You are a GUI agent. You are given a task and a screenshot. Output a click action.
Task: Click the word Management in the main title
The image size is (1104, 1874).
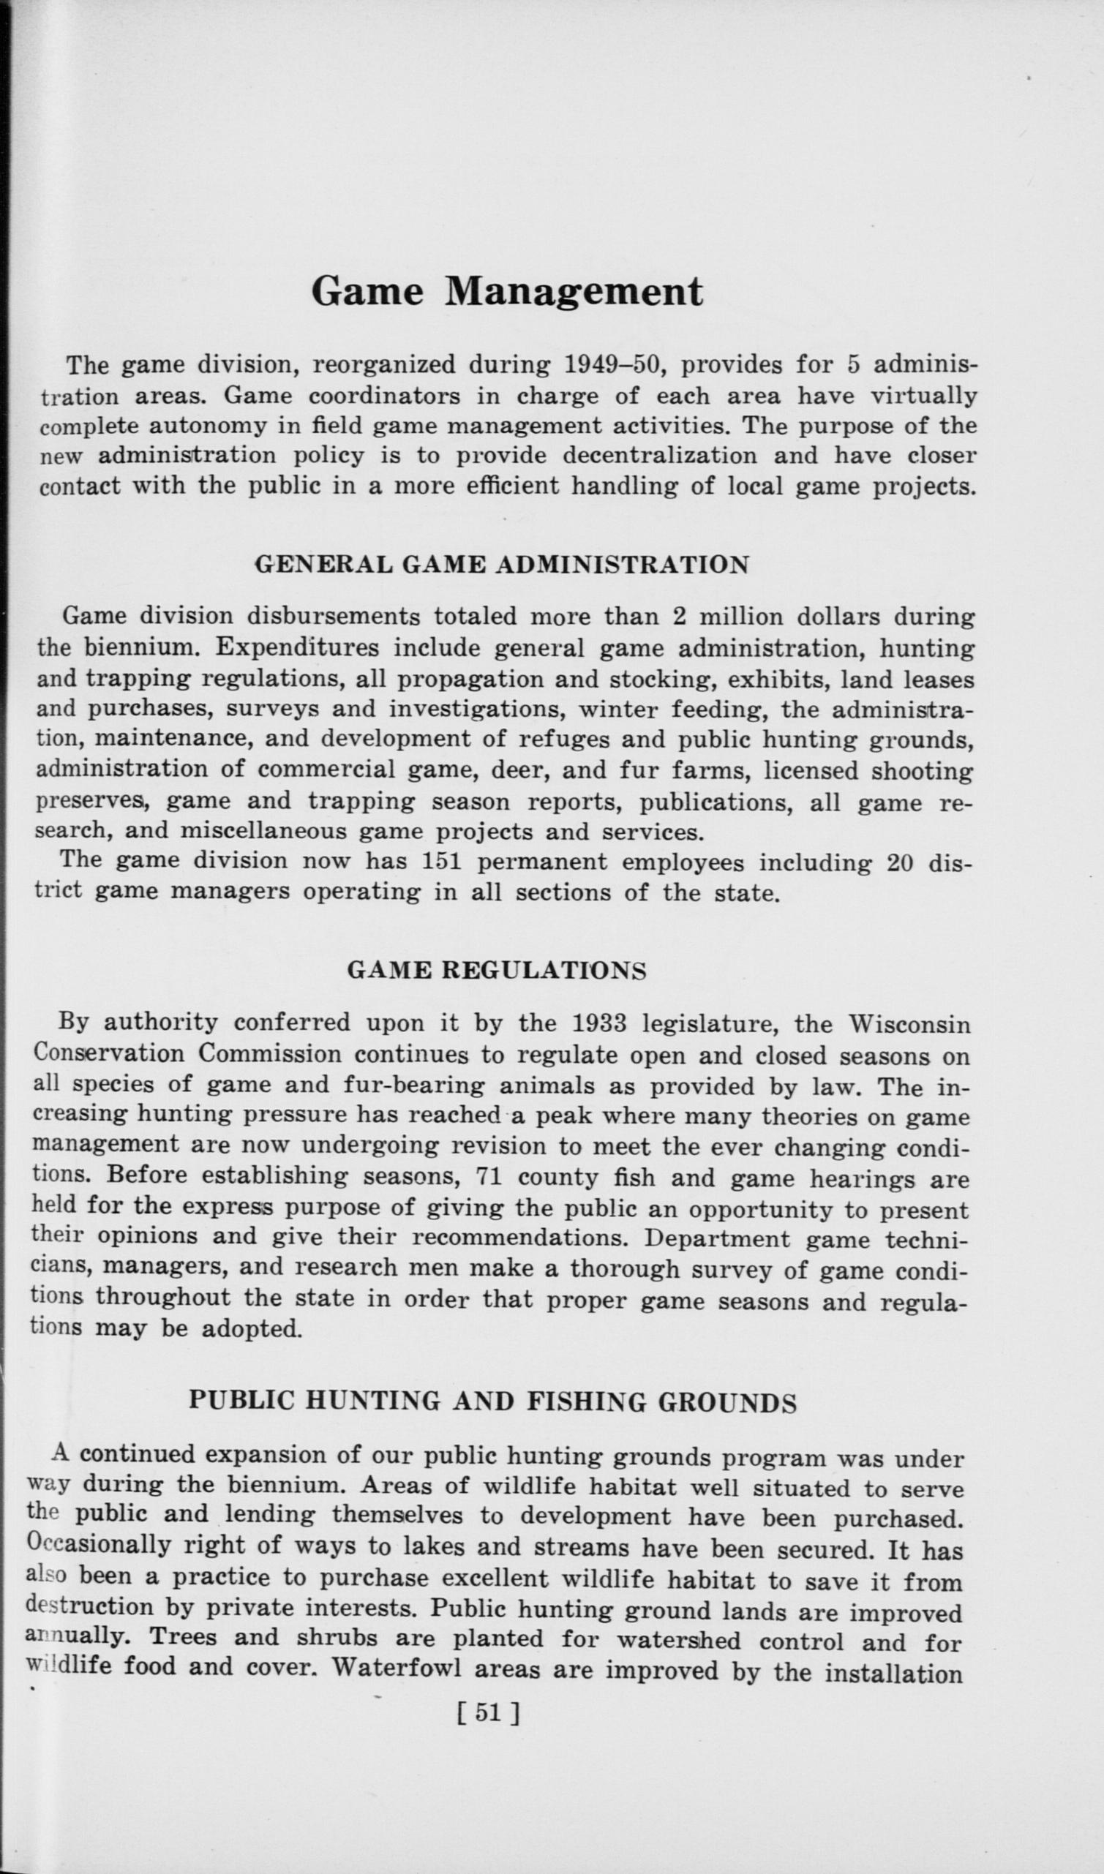click(573, 293)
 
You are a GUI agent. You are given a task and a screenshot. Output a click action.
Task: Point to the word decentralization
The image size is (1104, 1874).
click(660, 455)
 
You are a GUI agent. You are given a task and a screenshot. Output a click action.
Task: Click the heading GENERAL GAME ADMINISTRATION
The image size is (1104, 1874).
click(501, 565)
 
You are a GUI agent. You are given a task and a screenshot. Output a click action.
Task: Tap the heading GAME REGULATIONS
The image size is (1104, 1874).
click(496, 971)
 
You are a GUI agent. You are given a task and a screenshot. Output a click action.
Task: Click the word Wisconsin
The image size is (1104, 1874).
click(910, 1024)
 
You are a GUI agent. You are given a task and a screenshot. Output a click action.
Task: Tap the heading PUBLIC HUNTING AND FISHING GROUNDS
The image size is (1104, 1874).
click(492, 1401)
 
